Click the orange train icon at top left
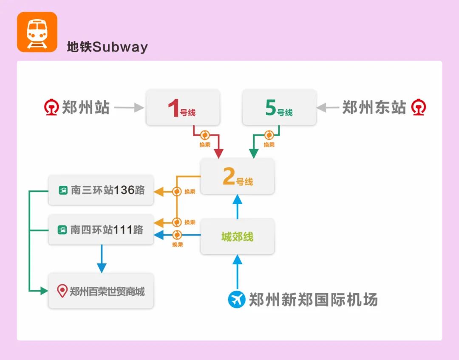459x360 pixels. (x=37, y=32)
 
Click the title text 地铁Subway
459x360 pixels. (x=107, y=46)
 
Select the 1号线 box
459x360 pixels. (x=183, y=108)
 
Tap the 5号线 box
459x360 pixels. (x=279, y=108)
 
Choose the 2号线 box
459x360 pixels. (x=237, y=176)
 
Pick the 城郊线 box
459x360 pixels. (x=237, y=236)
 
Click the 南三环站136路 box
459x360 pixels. (x=101, y=190)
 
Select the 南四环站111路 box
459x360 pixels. (x=101, y=230)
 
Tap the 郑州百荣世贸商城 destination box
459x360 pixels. (x=101, y=291)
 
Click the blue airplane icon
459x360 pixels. (x=237, y=299)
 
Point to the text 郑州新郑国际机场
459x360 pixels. (x=313, y=300)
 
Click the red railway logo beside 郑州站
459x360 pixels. (x=51, y=108)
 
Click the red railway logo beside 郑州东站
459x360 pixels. (x=419, y=108)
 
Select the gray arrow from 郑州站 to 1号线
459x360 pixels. (x=129, y=108)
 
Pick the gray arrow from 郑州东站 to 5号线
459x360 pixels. (x=328, y=108)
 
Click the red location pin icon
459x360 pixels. (x=62, y=291)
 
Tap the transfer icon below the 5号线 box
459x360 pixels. (x=269, y=135)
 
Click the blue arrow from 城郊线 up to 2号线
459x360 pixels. (x=237, y=207)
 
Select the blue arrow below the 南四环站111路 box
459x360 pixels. (x=102, y=258)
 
